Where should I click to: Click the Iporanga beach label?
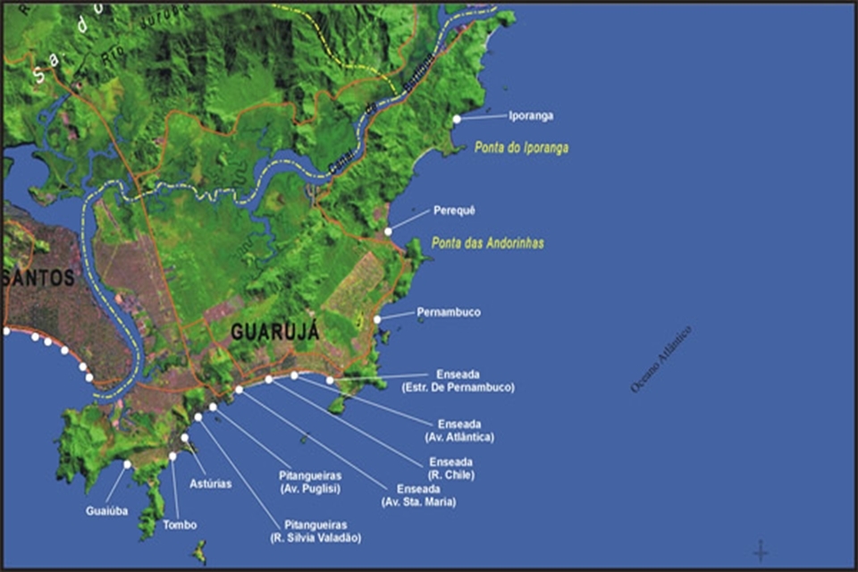[x=531, y=116]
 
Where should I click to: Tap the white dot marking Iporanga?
[x=457, y=119]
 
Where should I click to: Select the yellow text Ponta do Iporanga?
[x=521, y=148]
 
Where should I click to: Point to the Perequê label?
[x=454, y=211]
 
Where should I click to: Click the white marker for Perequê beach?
[x=388, y=231]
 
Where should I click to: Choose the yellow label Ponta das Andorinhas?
[x=487, y=243]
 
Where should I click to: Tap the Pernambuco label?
[x=449, y=313]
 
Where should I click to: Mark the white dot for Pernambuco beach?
[x=377, y=318]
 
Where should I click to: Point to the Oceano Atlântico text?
[x=661, y=359]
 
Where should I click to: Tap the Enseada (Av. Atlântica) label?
[x=460, y=431]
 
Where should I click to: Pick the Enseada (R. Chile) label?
[x=451, y=468]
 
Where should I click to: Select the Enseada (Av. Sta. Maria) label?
[x=418, y=496]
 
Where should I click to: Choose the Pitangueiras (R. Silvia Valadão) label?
[x=315, y=532]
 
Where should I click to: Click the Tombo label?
[x=180, y=526]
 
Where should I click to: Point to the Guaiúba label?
[x=106, y=511]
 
